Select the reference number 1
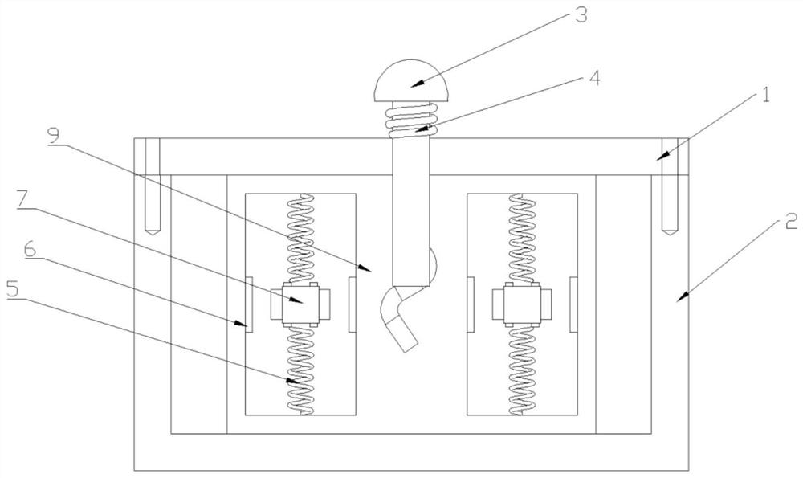(x=765, y=96)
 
